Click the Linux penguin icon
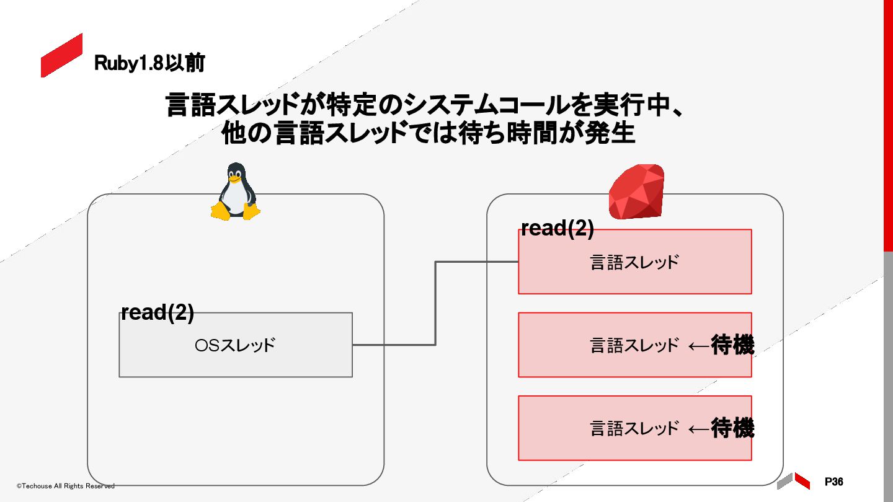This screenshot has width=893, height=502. [x=235, y=192]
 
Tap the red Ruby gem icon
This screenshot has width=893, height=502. [x=636, y=192]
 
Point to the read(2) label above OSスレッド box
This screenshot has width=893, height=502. [x=158, y=313]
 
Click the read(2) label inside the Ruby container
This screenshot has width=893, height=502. [x=558, y=229]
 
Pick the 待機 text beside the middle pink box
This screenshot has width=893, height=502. [x=732, y=345]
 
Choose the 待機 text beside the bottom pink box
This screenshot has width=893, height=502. [x=732, y=428]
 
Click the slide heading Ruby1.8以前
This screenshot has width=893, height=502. [x=149, y=63]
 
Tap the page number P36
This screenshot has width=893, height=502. [x=834, y=482]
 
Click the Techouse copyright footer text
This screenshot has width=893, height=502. [x=65, y=486]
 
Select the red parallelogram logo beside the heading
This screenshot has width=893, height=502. [x=61, y=56]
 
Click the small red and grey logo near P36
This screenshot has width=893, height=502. [x=794, y=480]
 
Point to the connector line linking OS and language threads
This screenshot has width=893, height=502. [x=435, y=304]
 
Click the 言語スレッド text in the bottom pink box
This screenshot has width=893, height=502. [x=634, y=428]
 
